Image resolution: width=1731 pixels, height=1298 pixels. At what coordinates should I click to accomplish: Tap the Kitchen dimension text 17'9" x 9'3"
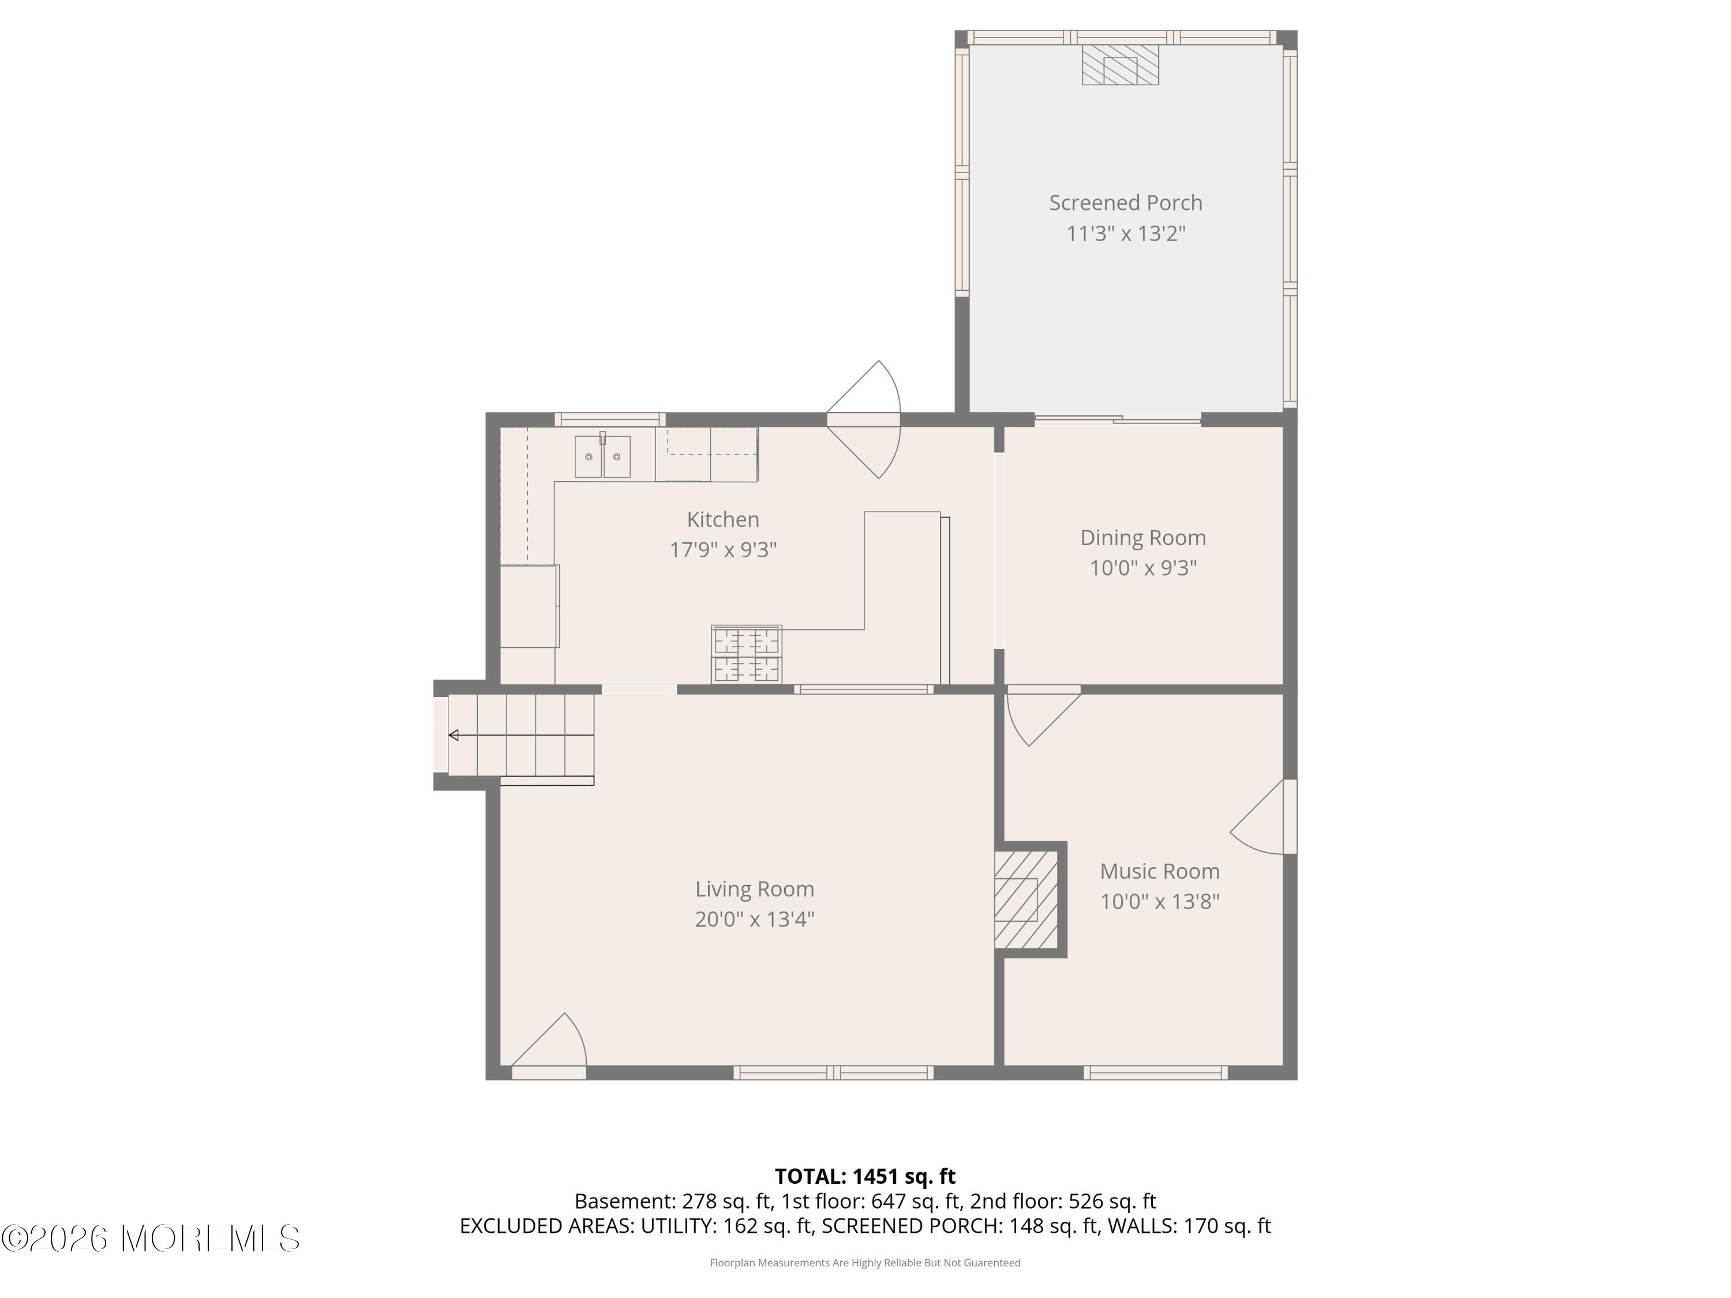pyautogui.click(x=723, y=550)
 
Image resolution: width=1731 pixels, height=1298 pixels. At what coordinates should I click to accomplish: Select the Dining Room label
pyautogui.click(x=1143, y=538)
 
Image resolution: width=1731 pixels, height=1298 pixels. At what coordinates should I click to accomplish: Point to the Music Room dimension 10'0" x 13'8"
pyautogui.click(x=1160, y=902)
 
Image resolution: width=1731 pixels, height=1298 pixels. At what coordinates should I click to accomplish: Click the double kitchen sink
pyautogui.click(x=602, y=456)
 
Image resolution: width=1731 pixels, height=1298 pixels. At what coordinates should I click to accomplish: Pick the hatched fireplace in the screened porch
pyautogui.click(x=1120, y=64)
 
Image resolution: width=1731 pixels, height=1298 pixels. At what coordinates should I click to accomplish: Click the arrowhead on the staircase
pyautogui.click(x=453, y=736)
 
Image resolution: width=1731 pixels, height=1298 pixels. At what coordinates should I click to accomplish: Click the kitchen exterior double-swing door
pyautogui.click(x=864, y=419)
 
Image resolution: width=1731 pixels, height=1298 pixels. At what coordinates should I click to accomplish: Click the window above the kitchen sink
pyautogui.click(x=610, y=419)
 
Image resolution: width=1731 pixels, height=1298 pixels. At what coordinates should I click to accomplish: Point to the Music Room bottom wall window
pyautogui.click(x=1156, y=1072)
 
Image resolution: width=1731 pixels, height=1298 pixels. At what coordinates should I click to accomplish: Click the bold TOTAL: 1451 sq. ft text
pyautogui.click(x=865, y=1176)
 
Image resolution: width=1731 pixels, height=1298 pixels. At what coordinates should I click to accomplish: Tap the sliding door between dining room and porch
pyautogui.click(x=1118, y=419)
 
